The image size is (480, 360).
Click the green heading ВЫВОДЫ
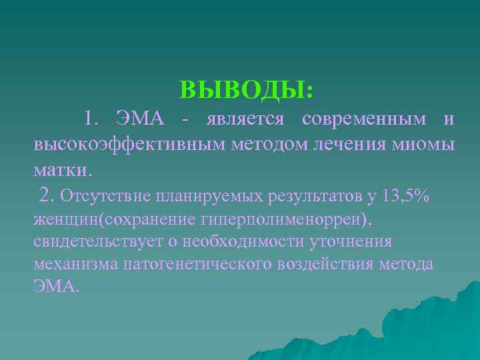point(246,89)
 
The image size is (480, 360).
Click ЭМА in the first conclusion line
point(139,119)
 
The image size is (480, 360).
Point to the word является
point(245,120)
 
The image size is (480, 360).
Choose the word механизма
point(76,265)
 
